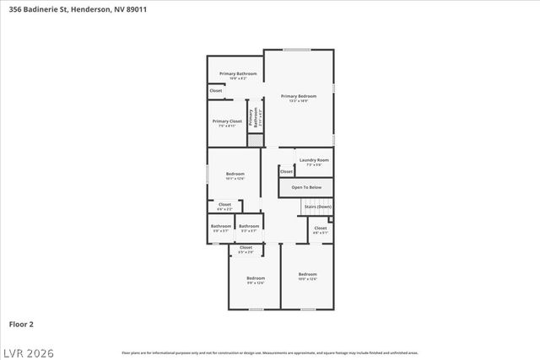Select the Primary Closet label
(226, 122)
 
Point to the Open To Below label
(306, 187)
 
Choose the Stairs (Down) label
(317, 207)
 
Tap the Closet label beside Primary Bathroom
(216, 90)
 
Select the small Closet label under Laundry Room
(286, 171)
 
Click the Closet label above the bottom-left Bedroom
(246, 249)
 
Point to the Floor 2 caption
(21, 323)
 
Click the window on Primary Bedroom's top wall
(296, 50)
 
